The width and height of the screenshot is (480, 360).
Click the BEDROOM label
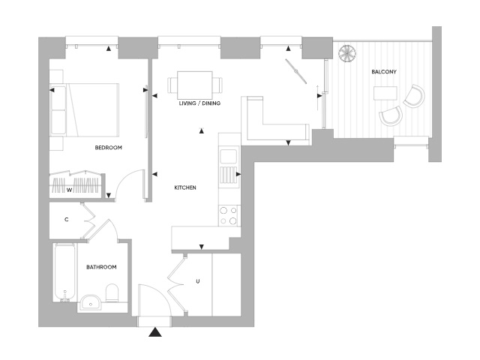click(x=108, y=148)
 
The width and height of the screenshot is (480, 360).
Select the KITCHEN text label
click(x=185, y=187)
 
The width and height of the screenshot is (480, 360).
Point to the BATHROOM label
click(x=100, y=267)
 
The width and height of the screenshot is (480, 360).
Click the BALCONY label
click(x=384, y=72)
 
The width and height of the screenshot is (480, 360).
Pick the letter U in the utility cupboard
click(x=197, y=282)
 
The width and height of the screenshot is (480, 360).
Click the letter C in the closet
click(x=67, y=220)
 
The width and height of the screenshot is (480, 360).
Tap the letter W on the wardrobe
click(x=69, y=190)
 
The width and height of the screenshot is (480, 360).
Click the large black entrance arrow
click(x=156, y=332)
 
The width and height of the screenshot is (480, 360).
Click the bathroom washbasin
click(x=90, y=303)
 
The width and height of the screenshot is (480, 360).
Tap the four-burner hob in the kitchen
click(x=228, y=215)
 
